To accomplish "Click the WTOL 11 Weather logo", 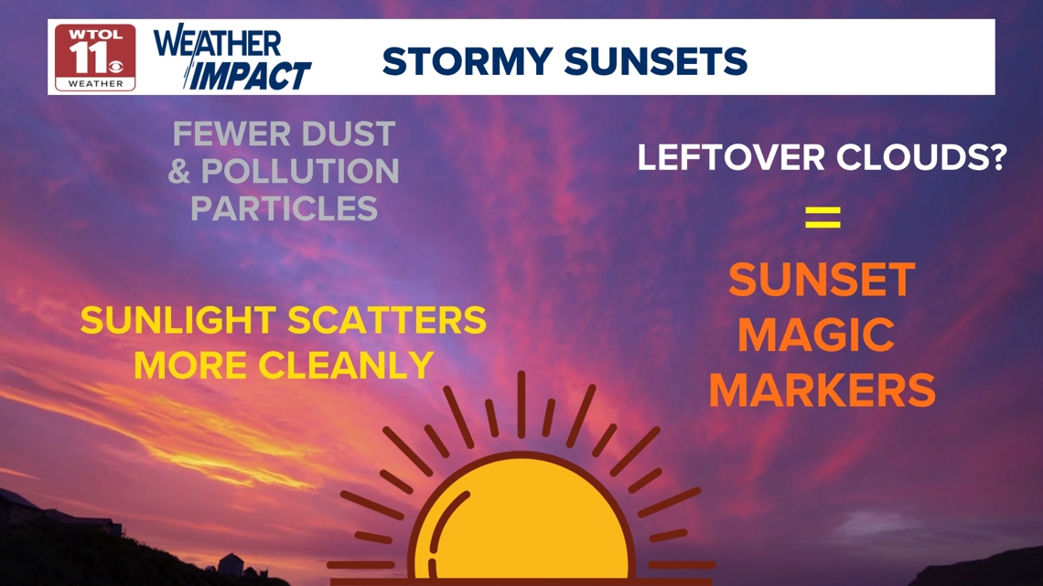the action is pyautogui.click(x=95, y=58).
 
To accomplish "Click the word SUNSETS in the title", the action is pyautogui.click(x=656, y=61).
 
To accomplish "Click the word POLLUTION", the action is pyautogui.click(x=300, y=172).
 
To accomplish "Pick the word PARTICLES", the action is pyautogui.click(x=284, y=208).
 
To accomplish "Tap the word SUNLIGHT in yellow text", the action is pyautogui.click(x=177, y=320).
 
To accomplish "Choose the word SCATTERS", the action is pyautogui.click(x=387, y=320).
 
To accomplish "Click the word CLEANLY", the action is pyautogui.click(x=346, y=366).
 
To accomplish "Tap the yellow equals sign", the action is pyautogui.click(x=823, y=218).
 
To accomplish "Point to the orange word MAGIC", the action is pyautogui.click(x=816, y=335).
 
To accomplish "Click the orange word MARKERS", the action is pyautogui.click(x=823, y=390).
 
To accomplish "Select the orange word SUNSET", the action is pyautogui.click(x=823, y=280).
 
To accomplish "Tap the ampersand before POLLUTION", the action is pyautogui.click(x=179, y=172).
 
